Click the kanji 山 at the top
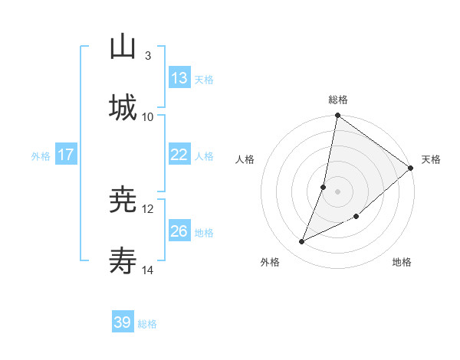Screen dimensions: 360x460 (x=123, y=47)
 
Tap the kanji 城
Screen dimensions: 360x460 (x=123, y=106)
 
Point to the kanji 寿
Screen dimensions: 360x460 (x=123, y=262)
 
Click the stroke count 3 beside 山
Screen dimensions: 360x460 (x=147, y=56)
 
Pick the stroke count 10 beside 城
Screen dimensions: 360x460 (x=148, y=116)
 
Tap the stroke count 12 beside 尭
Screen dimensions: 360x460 (x=148, y=209)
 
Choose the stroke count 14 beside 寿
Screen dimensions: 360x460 (x=148, y=270)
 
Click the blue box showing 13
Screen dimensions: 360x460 (x=179, y=78)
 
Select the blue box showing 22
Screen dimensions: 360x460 (x=179, y=155)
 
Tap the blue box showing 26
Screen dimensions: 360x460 (x=179, y=231)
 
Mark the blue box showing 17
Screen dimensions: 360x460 (x=66, y=155)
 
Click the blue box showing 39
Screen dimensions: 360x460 (x=123, y=322)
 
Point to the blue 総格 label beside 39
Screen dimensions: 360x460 (x=147, y=324)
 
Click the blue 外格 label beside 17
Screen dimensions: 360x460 (x=41, y=155)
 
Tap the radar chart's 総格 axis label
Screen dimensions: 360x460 (x=338, y=100)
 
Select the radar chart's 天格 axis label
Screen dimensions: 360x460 (x=431, y=159)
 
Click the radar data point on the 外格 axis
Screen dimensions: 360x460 (x=302, y=242)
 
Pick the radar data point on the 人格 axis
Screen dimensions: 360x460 (x=324, y=186)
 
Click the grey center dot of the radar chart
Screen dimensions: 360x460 (x=338, y=191)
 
